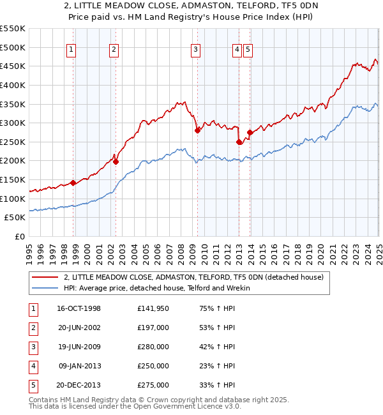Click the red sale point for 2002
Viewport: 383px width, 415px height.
click(x=116, y=162)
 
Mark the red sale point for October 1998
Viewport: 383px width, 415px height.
click(x=73, y=183)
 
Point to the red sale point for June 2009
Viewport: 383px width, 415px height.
click(x=198, y=130)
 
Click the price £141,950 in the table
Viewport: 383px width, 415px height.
click(x=153, y=308)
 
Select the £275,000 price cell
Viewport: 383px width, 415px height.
click(x=153, y=385)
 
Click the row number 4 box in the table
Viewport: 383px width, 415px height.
click(x=33, y=366)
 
